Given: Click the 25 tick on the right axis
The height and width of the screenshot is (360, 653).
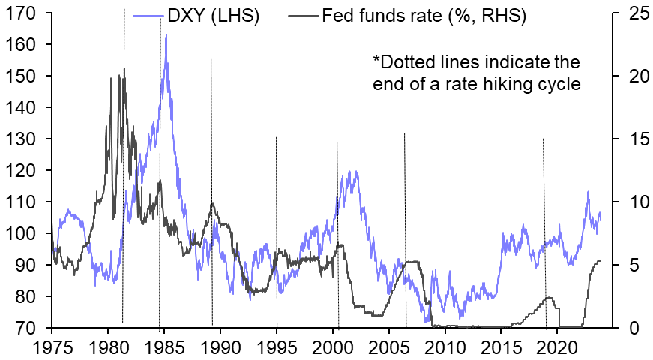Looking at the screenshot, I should point(628,13).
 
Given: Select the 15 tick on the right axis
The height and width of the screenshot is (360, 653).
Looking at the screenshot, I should point(628,139).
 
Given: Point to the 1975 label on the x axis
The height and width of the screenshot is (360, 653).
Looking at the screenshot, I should point(52,346).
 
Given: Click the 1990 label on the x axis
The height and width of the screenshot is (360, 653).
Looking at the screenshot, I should point(220,346).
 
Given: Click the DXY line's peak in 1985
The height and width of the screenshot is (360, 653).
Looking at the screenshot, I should point(166,34).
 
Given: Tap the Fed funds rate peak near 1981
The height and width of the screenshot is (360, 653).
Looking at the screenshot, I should point(124,68).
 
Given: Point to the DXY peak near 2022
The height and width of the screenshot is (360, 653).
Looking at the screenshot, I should point(588,191).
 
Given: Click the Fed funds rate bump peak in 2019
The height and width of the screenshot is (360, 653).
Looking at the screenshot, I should point(550,297).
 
